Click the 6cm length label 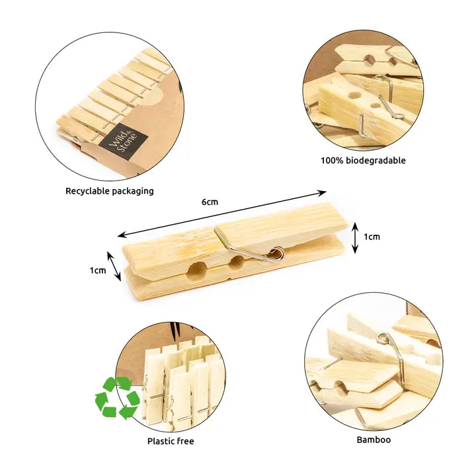(x=210, y=202)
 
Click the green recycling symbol (x=117, y=397)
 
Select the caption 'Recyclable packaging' (x=109, y=191)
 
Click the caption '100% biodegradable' (x=363, y=161)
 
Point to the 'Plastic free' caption (x=171, y=441)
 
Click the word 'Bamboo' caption (x=374, y=440)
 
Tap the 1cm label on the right (x=372, y=237)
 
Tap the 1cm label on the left (x=98, y=270)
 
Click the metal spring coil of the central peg (x=276, y=253)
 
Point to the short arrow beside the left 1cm (x=114, y=265)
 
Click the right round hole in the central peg (x=235, y=262)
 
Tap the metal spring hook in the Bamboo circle (x=390, y=350)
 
